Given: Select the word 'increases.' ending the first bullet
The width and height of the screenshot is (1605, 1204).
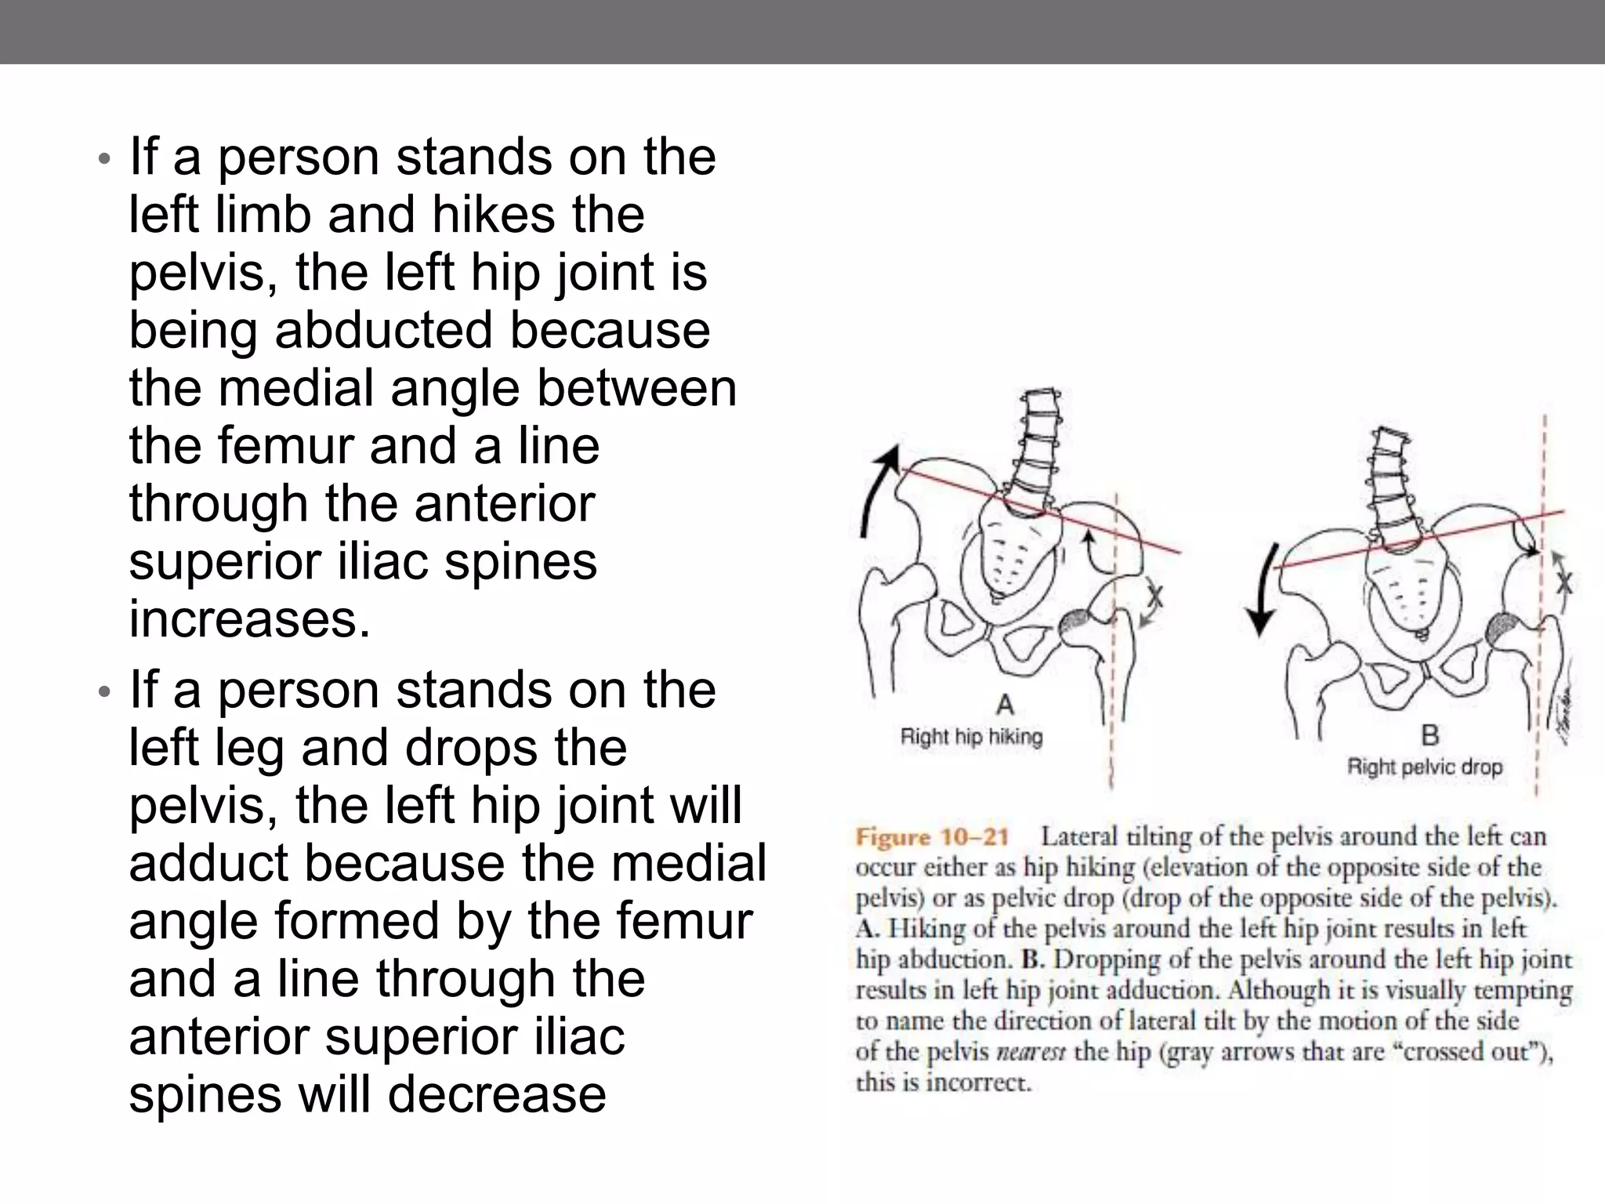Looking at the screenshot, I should click(x=249, y=618).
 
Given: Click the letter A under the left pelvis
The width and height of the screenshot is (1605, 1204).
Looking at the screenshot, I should click(x=1005, y=705).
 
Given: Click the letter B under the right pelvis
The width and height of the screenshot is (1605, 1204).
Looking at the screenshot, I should click(x=1429, y=735).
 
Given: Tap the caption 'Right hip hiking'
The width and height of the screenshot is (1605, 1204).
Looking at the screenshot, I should click(x=971, y=737).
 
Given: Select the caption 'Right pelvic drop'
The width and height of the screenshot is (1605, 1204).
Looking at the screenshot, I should click(x=1424, y=767).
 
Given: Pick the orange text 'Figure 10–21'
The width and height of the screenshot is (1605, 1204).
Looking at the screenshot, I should click(x=932, y=837).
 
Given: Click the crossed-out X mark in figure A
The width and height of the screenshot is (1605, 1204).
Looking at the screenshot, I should click(x=1154, y=598).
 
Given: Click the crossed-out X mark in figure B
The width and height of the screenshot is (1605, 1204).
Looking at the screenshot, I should click(x=1563, y=582).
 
